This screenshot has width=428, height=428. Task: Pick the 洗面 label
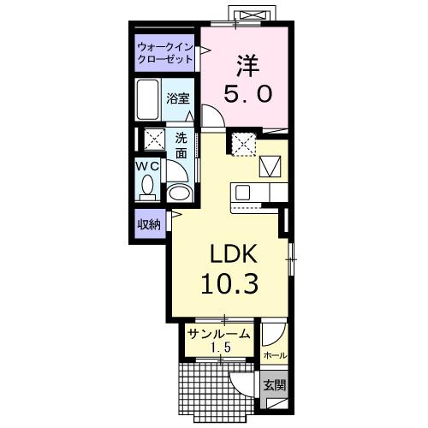pos(181,145)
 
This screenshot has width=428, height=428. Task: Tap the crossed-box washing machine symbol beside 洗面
pos(154,140)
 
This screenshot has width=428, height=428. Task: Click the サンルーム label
pos(219,335)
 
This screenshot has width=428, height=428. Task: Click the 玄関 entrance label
pos(274,385)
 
